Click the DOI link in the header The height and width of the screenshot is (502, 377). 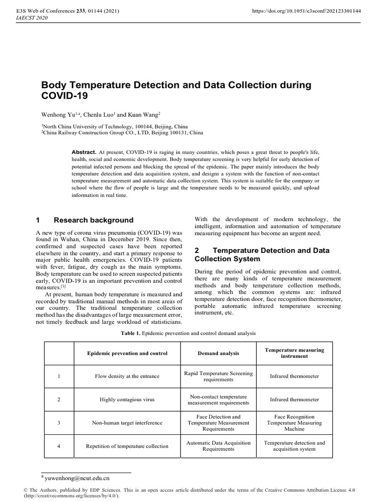point(306,10)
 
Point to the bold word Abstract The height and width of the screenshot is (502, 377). point(84,152)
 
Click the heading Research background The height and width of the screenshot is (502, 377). point(93,220)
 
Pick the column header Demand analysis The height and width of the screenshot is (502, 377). point(218,353)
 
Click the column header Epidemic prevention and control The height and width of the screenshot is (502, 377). point(127,353)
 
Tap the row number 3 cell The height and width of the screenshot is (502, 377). point(58,423)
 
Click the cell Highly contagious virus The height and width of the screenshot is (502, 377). point(127,400)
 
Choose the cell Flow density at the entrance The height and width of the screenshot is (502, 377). point(127,376)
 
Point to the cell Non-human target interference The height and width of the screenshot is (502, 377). point(127,423)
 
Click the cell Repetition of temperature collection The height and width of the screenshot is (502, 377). point(127,446)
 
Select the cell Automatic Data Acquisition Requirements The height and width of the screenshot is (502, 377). point(218,446)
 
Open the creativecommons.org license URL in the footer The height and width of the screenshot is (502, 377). point(71,496)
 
